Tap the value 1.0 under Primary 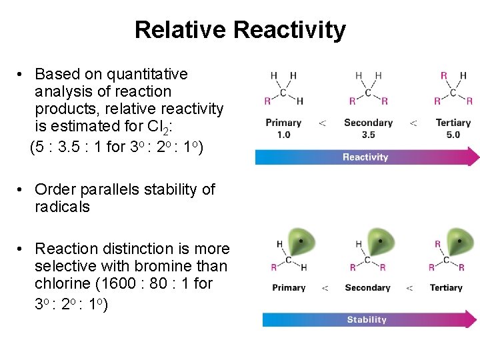coord(283,135)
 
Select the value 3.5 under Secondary coord(368,135)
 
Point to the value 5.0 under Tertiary coord(453,135)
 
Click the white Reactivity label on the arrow coord(365,157)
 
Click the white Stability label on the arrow coord(367,320)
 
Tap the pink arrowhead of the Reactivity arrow coord(473,157)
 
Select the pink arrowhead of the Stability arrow coord(472,320)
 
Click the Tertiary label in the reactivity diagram coord(453,123)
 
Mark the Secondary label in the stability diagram coord(367,288)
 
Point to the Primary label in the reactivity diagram coord(283,123)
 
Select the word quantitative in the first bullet coord(145,74)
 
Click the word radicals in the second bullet coord(62,207)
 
